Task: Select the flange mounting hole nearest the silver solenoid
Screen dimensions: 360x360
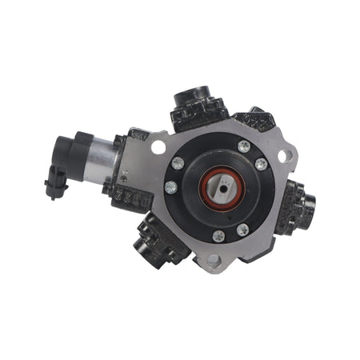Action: coord(158,147)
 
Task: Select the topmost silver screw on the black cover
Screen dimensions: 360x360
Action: coord(243,146)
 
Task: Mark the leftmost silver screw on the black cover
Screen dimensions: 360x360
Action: coord(171,188)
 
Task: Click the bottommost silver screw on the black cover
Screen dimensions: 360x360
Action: coord(218,236)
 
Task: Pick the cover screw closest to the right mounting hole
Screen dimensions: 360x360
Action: coord(261,165)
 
